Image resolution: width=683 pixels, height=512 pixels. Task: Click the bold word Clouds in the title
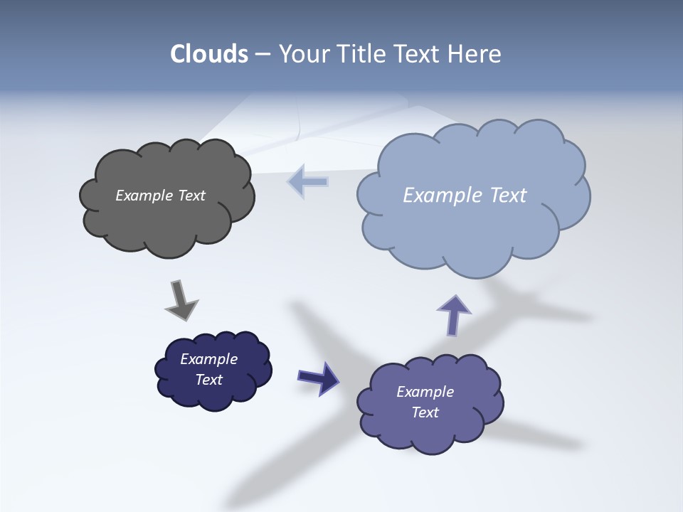tap(209, 54)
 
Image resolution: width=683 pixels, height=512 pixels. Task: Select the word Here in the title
tap(475, 54)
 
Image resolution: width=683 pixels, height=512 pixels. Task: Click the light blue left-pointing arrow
tap(308, 182)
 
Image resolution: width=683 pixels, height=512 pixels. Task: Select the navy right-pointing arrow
tap(319, 378)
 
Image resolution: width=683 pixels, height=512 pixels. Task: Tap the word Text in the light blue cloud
tap(508, 196)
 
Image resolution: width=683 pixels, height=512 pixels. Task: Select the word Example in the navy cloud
tap(208, 359)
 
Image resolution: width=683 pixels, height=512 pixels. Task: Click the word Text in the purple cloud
tap(425, 412)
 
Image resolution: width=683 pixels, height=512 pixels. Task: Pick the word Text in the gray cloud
tap(191, 196)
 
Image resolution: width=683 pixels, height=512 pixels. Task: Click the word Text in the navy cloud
tap(208, 380)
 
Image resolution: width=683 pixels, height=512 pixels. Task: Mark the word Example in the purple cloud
tap(425, 392)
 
